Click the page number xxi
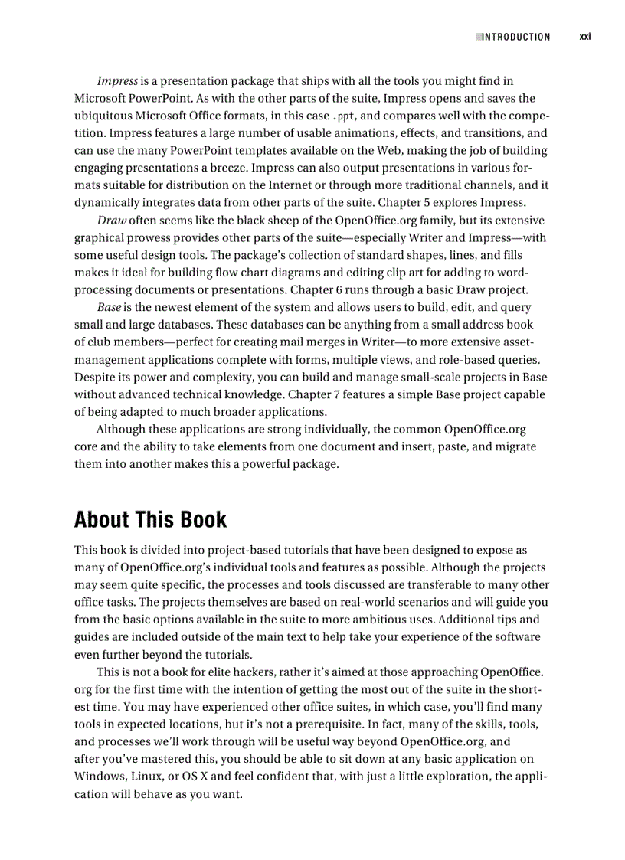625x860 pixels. click(x=585, y=36)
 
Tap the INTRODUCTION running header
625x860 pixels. click(x=515, y=37)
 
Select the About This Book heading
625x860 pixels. click(x=150, y=519)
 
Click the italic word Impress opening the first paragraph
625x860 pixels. click(x=117, y=80)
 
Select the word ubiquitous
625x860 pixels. click(x=103, y=116)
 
